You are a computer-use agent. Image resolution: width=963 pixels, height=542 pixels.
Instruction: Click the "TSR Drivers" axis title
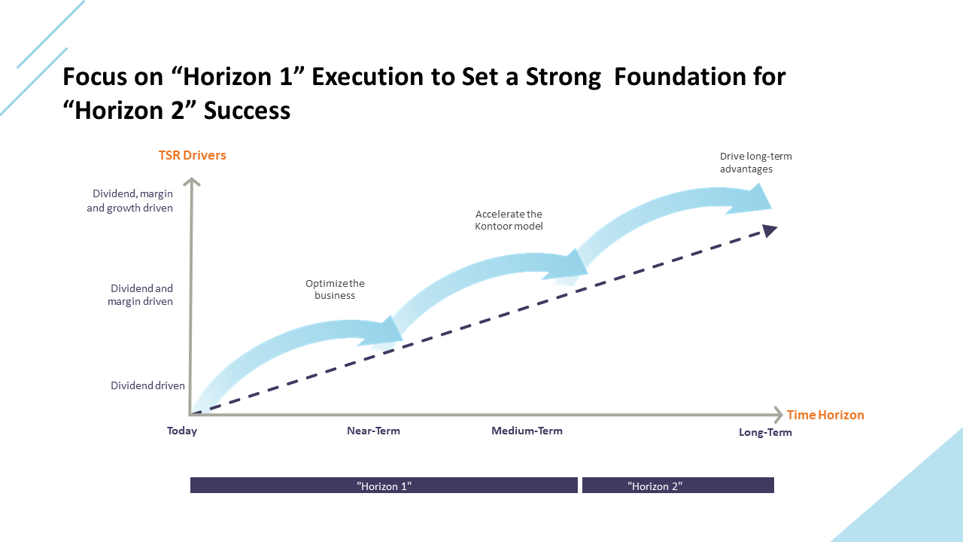click(x=192, y=156)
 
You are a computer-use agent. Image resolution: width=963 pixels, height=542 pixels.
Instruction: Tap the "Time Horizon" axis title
click(x=825, y=415)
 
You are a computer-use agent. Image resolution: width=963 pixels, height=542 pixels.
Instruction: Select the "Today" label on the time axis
click(x=182, y=431)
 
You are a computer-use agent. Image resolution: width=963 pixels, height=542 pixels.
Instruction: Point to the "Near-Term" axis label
click(x=373, y=431)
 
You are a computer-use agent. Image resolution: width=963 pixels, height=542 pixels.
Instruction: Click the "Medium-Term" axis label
click(x=527, y=431)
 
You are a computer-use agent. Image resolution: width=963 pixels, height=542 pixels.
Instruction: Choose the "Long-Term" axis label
click(x=765, y=433)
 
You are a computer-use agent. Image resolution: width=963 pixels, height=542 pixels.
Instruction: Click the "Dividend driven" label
click(x=147, y=385)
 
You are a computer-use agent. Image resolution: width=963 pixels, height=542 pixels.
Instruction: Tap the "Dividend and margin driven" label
click(x=141, y=295)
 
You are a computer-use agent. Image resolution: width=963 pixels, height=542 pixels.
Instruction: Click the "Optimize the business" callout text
click(x=335, y=290)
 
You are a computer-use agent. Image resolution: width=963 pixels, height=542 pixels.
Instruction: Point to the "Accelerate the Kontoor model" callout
click(x=509, y=221)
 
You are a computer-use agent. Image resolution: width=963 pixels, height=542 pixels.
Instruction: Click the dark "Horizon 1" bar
click(x=384, y=486)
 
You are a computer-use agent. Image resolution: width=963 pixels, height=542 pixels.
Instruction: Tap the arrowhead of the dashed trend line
click(x=770, y=230)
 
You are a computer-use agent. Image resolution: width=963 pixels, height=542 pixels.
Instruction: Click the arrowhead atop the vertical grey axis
click(x=193, y=181)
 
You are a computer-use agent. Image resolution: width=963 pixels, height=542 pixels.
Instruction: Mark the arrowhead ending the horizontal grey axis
click(x=778, y=415)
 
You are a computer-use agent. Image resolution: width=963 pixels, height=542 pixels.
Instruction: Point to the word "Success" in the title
click(x=247, y=111)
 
